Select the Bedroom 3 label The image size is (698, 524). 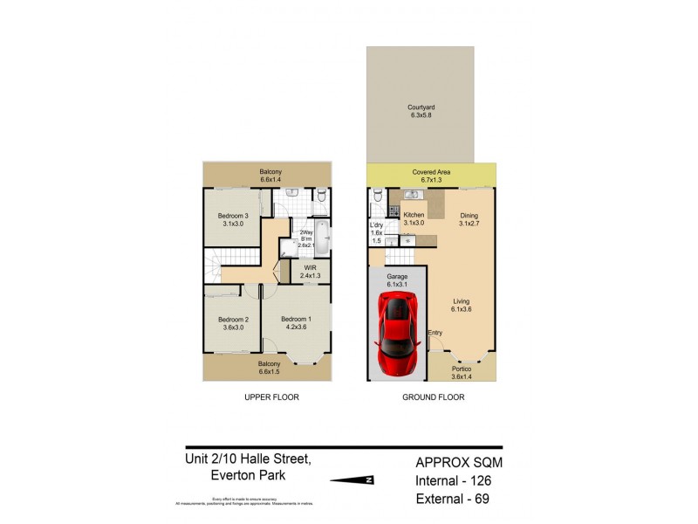(x=233, y=220)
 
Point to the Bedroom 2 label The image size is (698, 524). (x=233, y=323)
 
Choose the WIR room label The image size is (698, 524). (x=309, y=271)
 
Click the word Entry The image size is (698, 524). (x=435, y=332)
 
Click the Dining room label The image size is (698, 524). (x=470, y=217)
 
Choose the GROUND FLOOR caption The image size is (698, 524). (x=433, y=396)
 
